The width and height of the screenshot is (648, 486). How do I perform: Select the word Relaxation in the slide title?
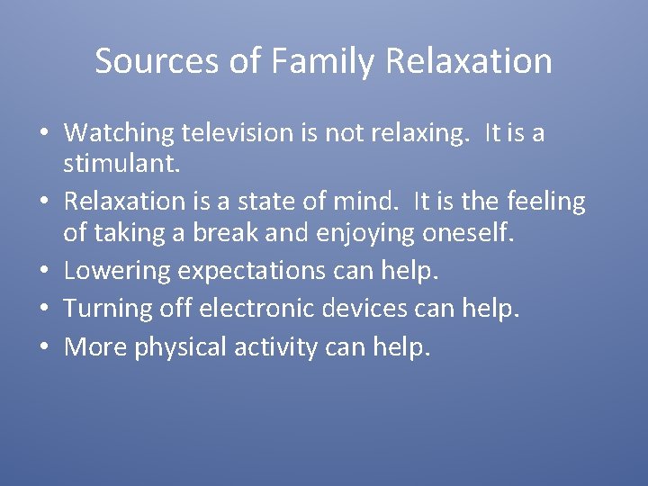469,61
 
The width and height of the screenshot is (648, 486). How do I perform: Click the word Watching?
119,133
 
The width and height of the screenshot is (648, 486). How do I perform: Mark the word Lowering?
116,270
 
